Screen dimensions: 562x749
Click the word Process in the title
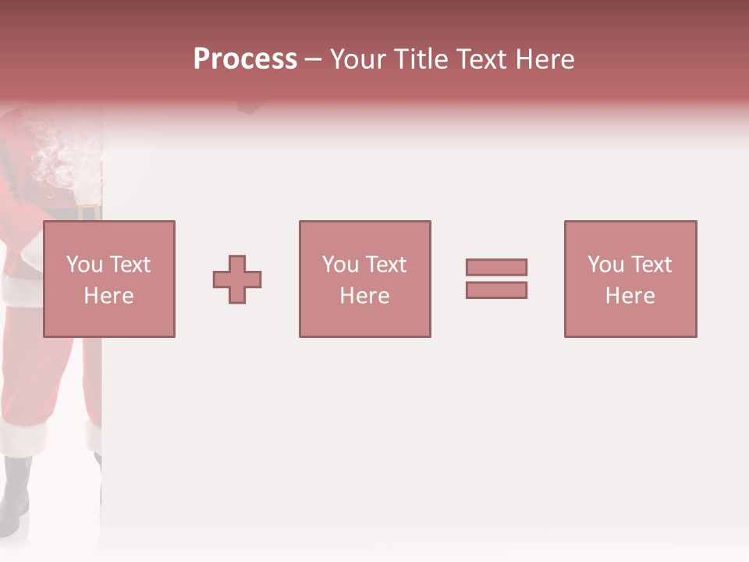coord(245,59)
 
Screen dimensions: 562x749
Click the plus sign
coord(237,279)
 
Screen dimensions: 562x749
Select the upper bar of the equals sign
coord(496,267)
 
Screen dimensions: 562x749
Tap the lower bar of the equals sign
coord(496,290)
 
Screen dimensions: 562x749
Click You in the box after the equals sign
coord(605,265)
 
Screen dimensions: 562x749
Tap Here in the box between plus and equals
coord(364,296)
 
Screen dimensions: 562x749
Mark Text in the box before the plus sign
coord(130,265)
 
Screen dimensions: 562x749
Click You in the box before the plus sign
coord(84,265)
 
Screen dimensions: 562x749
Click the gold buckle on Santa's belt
coord(88,212)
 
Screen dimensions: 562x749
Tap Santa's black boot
coord(16,488)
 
